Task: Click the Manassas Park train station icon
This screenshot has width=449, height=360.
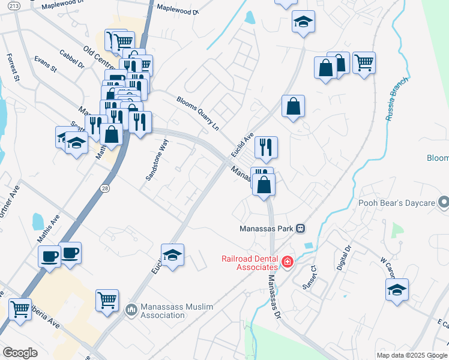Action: [x=301, y=229]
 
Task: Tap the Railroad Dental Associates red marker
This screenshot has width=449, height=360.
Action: [x=288, y=262]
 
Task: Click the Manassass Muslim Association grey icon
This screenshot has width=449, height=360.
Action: [x=131, y=310]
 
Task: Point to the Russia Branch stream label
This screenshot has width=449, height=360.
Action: [x=397, y=98]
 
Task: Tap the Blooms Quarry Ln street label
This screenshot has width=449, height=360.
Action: [x=197, y=113]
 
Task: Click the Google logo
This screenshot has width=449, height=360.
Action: [x=20, y=352]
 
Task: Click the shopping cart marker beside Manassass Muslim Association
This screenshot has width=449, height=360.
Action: [x=107, y=299]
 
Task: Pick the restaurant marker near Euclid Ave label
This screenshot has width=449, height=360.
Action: [x=266, y=146]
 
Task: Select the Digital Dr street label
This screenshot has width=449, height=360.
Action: [x=343, y=257]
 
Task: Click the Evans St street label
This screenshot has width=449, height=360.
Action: [x=45, y=65]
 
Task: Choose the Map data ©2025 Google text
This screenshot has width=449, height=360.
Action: [x=411, y=355]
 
